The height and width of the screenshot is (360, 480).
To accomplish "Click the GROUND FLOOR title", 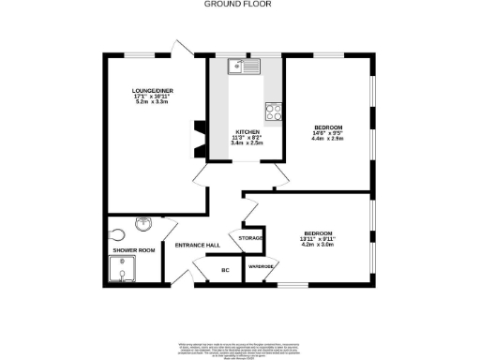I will click(239, 5).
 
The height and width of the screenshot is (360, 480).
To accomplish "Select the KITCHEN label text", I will click(247, 132).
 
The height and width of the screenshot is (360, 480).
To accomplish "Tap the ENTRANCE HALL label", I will click(198, 245).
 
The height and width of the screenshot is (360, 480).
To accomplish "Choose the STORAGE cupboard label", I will click(250, 238).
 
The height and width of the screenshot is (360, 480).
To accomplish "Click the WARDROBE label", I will click(260, 267).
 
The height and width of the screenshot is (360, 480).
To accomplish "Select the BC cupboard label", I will click(225, 270).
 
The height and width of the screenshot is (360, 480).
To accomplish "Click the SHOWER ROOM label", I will click(133, 250).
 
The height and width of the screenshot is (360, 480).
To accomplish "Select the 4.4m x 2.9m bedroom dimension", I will click(328, 139).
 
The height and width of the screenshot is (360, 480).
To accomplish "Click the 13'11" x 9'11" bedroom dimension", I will click(317, 239).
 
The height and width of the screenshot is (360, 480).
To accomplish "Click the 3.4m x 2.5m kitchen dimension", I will click(247, 144).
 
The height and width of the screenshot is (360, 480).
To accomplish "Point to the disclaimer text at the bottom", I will click(239, 349).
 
